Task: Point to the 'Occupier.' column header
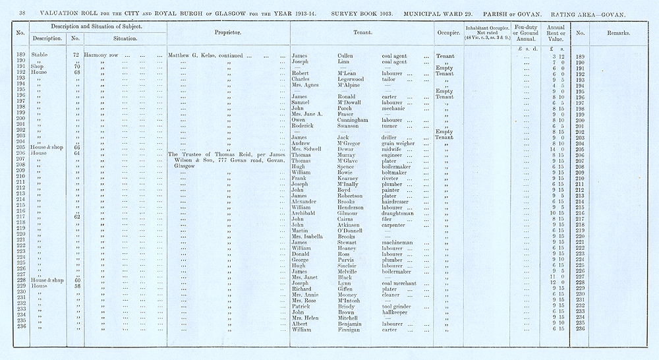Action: (x=447, y=32)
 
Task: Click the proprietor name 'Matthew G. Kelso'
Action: (x=192, y=56)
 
